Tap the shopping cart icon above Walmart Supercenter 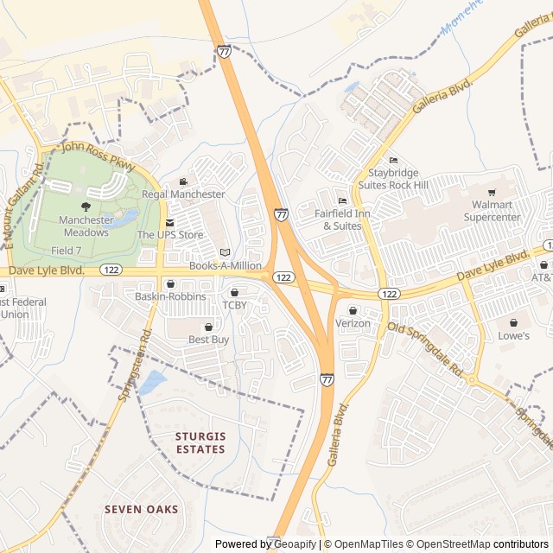click(493, 193)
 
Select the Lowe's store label click(513, 335)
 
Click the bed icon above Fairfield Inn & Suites click(342, 201)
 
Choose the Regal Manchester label click(183, 194)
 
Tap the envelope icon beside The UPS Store click(169, 223)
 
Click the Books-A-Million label click(225, 266)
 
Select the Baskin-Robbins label click(170, 296)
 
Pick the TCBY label click(234, 305)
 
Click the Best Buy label click(208, 340)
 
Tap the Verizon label click(353, 323)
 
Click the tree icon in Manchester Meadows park click(85, 206)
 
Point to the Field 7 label click(67, 251)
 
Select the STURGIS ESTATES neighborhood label click(200, 443)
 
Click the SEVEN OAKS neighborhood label click(142, 510)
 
